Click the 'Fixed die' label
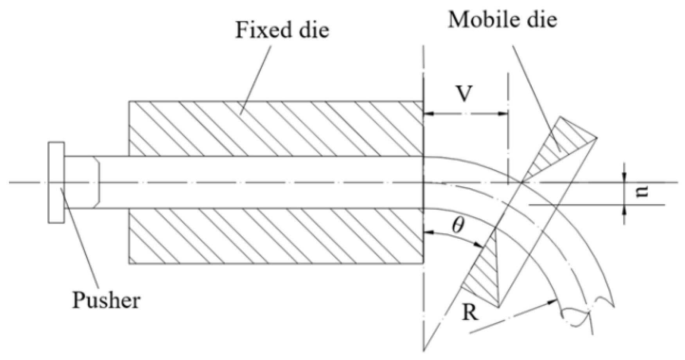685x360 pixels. (x=282, y=29)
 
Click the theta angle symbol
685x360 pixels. (x=458, y=226)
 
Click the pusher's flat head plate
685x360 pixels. (x=56, y=183)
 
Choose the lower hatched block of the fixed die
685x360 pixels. (x=276, y=236)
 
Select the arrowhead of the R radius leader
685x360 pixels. (x=553, y=301)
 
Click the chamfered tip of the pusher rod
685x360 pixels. (x=97, y=183)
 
